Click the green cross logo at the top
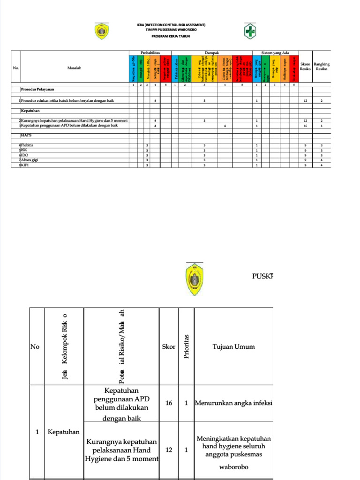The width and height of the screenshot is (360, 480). coord(250,32)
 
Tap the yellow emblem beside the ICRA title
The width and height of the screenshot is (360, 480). coord(102,32)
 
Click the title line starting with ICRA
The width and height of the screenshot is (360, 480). coord(170,24)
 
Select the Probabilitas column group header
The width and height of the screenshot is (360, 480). coord(150,52)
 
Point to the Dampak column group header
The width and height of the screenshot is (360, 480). coord(212,52)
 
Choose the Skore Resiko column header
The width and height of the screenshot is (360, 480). coord(305,67)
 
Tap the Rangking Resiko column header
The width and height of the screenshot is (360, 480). coord(322,67)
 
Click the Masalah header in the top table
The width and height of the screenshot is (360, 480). coord(74,68)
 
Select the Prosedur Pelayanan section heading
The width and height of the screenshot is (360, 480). coord(37,89)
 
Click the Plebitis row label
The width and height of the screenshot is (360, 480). coord(27,145)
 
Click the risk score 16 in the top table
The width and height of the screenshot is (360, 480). coord(305,126)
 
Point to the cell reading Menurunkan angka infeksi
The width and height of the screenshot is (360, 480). coord(233,403)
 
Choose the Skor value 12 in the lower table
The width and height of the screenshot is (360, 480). coord(169,450)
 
